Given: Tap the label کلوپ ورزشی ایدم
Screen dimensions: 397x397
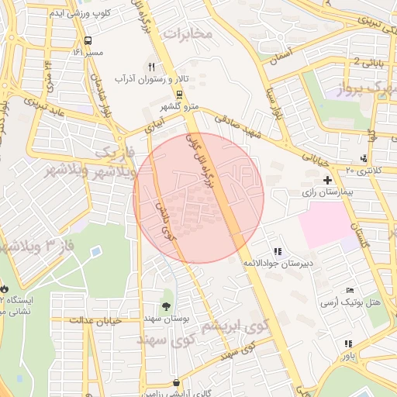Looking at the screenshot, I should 57,13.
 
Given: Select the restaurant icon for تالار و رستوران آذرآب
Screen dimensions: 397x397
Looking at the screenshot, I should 152,67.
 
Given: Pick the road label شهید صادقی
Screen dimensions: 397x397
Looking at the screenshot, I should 240,124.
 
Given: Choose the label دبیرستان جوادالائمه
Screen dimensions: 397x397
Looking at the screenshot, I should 279,264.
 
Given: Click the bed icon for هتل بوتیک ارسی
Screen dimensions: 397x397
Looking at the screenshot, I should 350,289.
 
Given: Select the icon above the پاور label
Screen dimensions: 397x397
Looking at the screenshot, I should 348,343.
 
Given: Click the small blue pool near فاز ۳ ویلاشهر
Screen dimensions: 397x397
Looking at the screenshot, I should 95,252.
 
